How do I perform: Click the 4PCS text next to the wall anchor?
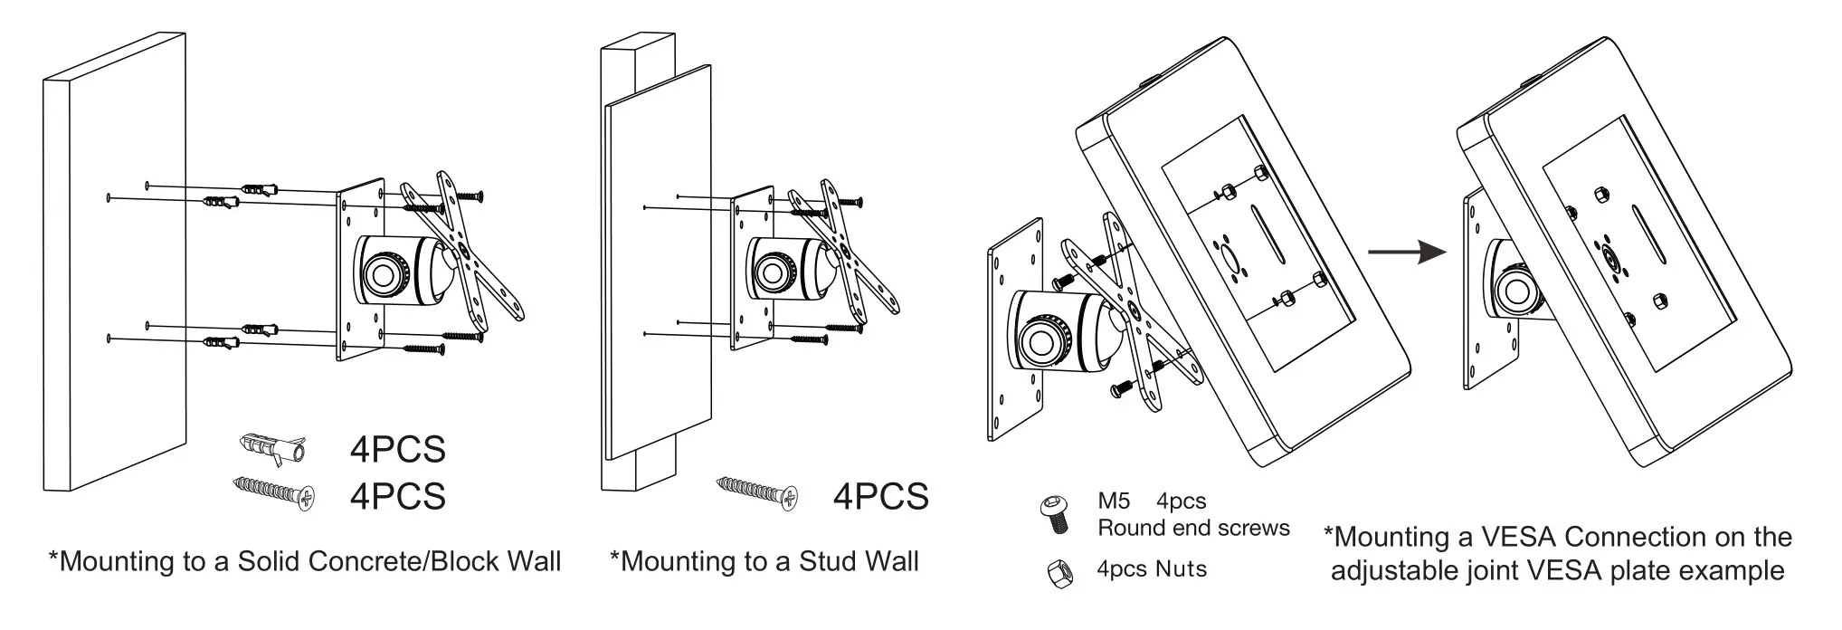(x=398, y=450)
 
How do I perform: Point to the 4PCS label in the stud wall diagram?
(x=880, y=496)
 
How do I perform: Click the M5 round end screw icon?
(x=1055, y=514)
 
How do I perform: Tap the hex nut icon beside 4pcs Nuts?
(x=1057, y=574)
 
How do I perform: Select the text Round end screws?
(x=1193, y=528)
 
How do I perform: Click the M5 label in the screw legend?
(x=1114, y=501)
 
